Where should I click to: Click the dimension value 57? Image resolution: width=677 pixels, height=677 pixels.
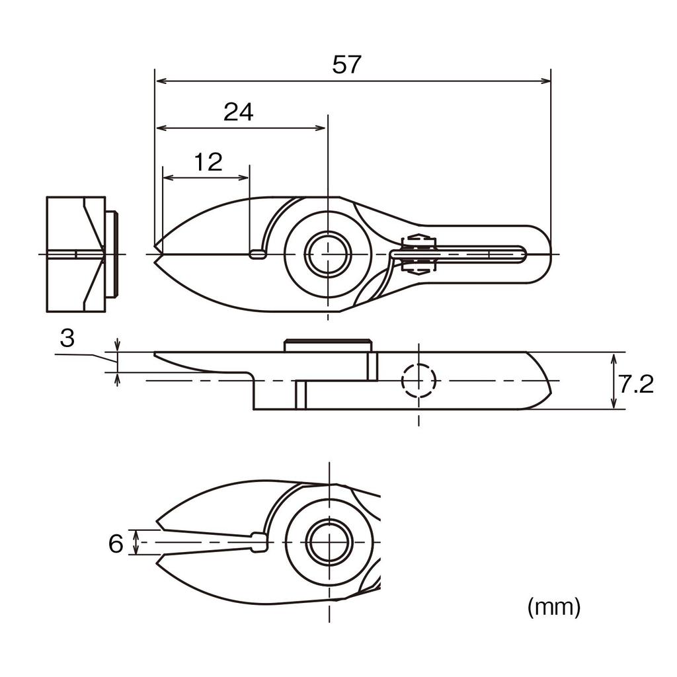point(347,65)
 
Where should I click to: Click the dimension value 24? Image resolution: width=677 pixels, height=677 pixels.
point(239,112)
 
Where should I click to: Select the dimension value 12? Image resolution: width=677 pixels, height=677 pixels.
point(208,162)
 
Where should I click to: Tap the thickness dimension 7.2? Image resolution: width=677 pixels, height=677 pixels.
point(637,383)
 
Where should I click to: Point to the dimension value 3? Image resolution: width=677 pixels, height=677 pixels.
point(67,338)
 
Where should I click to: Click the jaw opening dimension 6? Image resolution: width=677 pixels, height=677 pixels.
point(116,543)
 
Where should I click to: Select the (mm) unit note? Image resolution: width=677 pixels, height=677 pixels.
point(554,606)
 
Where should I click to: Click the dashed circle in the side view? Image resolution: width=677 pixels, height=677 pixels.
point(419,381)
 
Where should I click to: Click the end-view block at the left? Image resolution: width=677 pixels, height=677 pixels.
point(76,254)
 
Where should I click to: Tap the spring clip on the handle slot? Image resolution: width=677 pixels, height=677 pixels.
point(418,254)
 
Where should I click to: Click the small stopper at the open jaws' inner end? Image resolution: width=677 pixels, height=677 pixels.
point(259,542)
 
